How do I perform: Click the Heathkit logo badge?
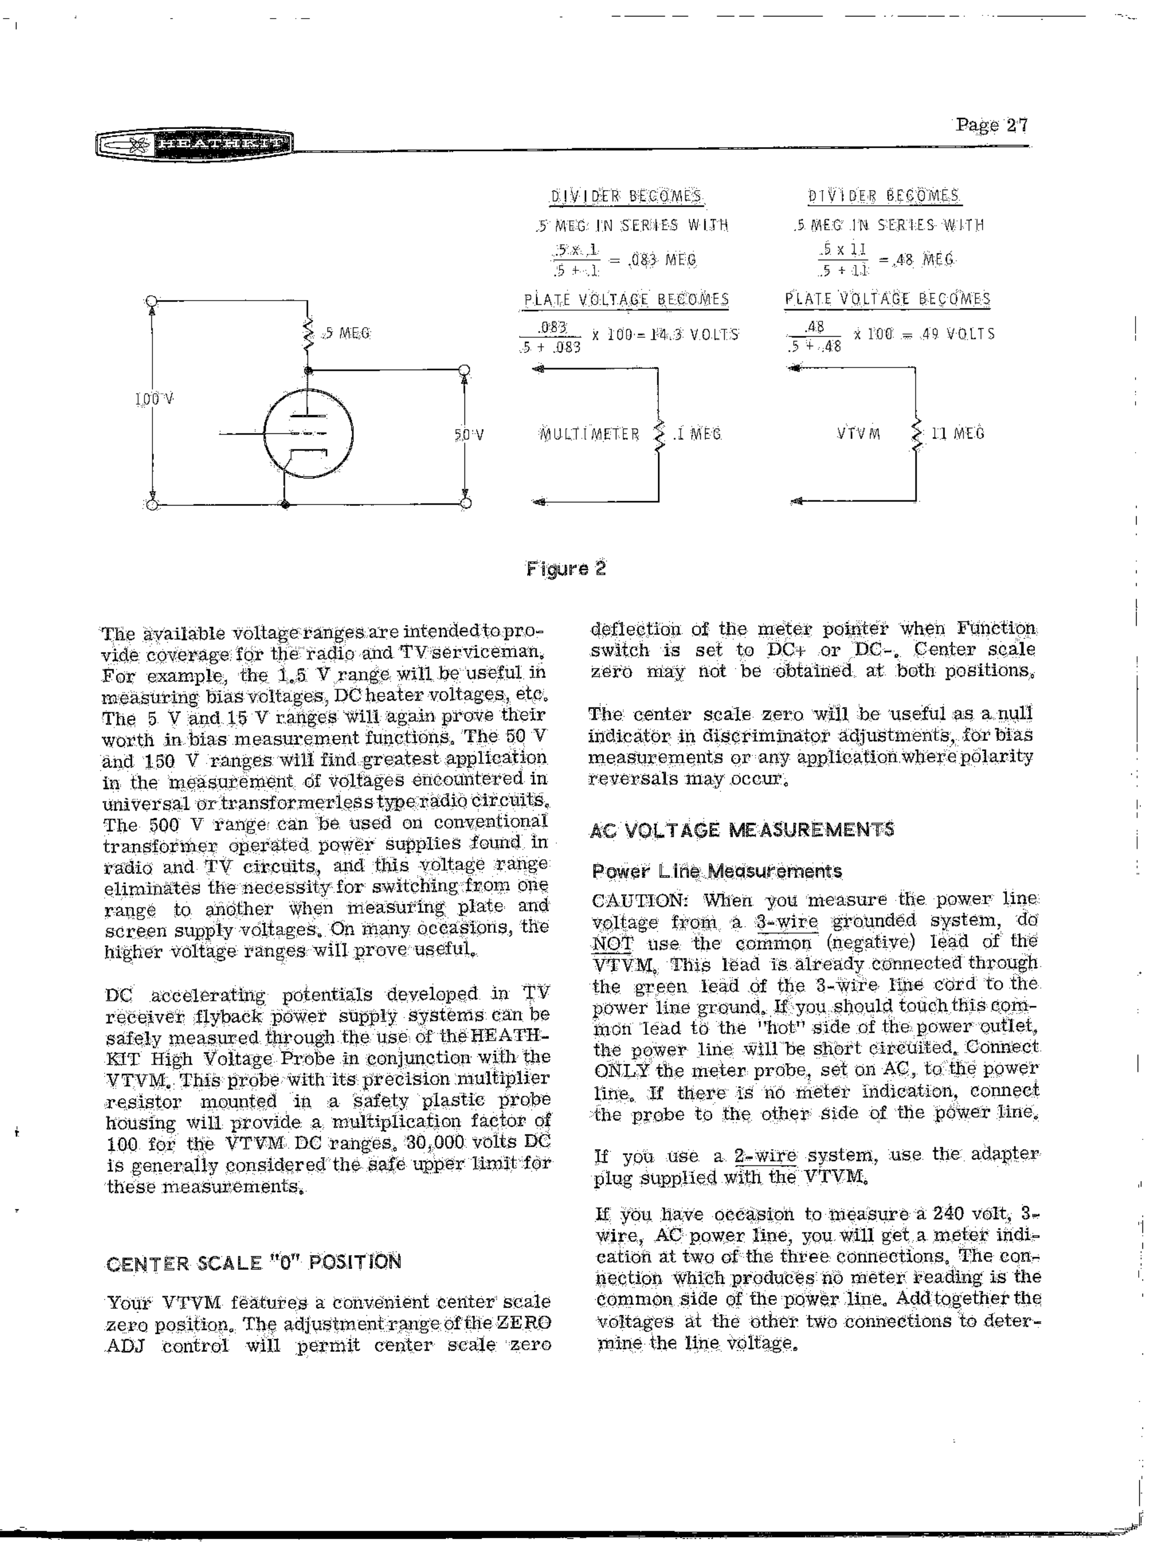pos(195,144)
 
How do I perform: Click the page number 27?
pos(991,125)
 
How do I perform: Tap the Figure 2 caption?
pos(566,569)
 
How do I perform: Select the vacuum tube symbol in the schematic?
pos(308,434)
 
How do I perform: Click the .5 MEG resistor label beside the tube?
pos(346,333)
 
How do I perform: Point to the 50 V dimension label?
pos(469,434)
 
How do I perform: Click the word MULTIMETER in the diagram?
pos(589,434)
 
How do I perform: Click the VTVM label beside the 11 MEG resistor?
pos(858,434)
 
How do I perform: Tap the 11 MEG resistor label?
pos(957,433)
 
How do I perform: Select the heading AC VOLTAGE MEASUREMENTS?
pos(742,831)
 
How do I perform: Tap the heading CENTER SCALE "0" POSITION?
pos(254,1263)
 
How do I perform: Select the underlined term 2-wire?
pos(765,1156)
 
